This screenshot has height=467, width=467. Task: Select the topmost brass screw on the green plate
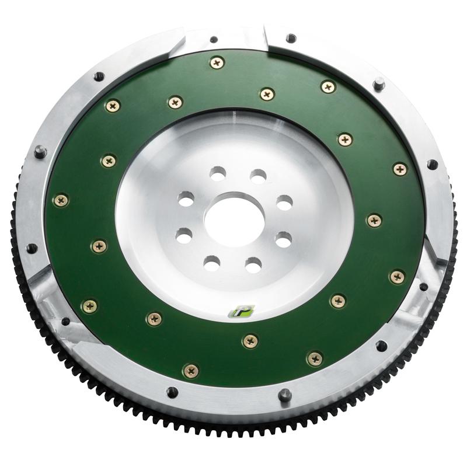pos(217,62)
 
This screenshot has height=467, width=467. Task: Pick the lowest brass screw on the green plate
pos(190,370)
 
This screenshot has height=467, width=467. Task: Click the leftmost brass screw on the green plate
pos(61,200)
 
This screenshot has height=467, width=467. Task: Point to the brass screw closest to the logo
pos(250,341)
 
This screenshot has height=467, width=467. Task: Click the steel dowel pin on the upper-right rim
pos(379,83)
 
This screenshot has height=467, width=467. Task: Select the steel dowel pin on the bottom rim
pos(284,395)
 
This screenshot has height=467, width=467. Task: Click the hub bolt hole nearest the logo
pos(253,265)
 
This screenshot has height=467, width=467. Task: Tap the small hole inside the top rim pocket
pos(214,40)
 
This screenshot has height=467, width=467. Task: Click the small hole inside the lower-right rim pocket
pos(423,287)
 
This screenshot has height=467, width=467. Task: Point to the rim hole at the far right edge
pos(432,165)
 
